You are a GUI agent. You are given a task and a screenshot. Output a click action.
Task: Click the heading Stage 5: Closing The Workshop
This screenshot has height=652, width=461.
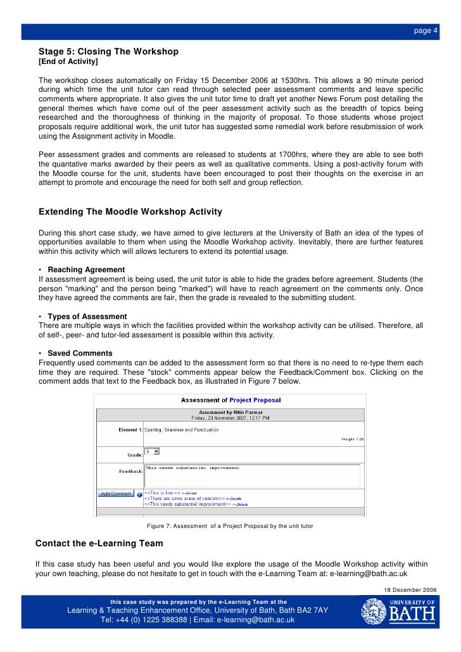tap(108, 51)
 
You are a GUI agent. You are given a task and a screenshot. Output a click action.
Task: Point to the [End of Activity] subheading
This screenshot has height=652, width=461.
tap(68, 61)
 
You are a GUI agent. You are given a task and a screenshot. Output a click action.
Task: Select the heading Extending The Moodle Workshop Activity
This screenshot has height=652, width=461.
tap(130, 211)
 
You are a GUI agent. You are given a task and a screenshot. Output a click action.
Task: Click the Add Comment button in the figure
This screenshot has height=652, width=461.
tap(116, 494)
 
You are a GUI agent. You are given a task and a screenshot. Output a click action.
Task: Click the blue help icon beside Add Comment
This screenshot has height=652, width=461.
tap(139, 494)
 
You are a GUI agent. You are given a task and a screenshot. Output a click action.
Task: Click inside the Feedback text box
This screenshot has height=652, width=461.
tap(251, 475)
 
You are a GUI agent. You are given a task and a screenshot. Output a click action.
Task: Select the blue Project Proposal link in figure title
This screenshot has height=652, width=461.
tap(255, 400)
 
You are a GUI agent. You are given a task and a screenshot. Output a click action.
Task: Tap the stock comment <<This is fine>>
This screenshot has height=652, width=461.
tap(162, 492)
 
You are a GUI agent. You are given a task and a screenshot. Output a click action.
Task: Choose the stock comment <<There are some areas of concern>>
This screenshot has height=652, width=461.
tap(184, 498)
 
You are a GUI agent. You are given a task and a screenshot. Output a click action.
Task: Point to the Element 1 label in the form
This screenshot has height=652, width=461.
tap(130, 430)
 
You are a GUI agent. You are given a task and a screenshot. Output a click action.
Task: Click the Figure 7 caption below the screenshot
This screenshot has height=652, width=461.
tap(230, 526)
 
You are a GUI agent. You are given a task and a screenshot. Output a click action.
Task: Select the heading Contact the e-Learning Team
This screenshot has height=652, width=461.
tap(99, 543)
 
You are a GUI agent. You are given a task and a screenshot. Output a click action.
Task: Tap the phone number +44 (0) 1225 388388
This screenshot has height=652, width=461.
tap(144, 620)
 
